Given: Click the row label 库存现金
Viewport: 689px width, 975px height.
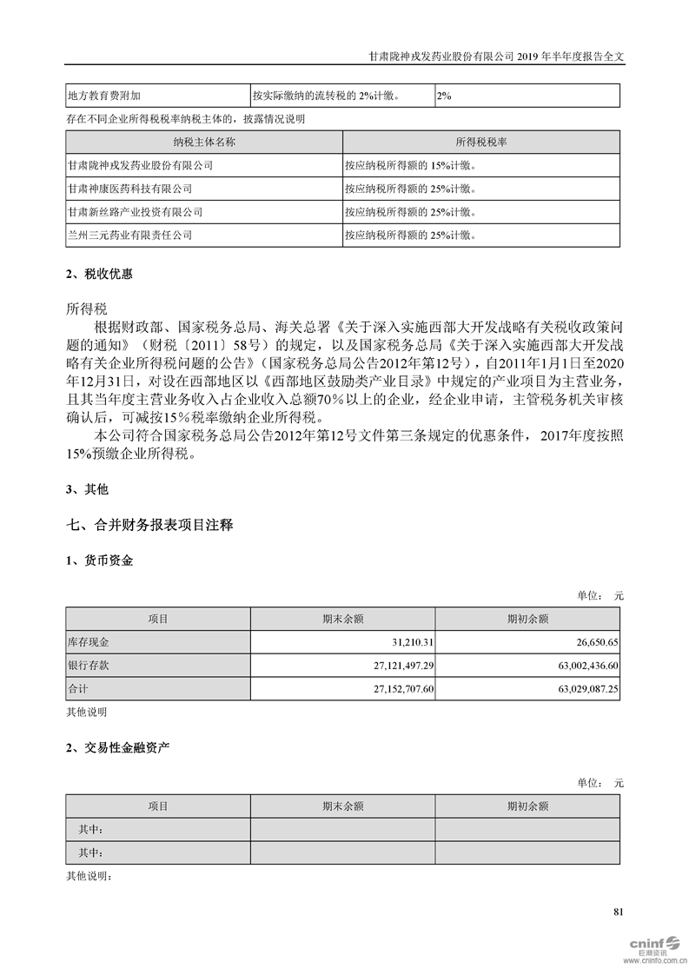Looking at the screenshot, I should coord(89,641).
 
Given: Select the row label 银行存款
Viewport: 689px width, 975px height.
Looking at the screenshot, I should coord(89,664).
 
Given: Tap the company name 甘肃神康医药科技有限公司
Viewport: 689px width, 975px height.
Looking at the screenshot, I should coord(129,188).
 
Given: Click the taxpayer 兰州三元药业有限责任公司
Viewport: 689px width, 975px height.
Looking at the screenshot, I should coord(129,235).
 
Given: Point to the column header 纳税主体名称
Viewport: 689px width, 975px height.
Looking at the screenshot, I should coord(204,141).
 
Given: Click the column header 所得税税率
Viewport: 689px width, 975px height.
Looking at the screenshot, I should coord(481,141).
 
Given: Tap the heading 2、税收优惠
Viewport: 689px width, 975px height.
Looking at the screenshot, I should coord(100,274).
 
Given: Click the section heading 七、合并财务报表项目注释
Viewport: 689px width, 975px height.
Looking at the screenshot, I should coord(149,525).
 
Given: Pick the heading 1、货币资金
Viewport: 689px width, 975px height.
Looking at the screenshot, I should coord(100,560).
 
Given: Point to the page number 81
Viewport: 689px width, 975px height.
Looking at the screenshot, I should coord(618,912).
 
